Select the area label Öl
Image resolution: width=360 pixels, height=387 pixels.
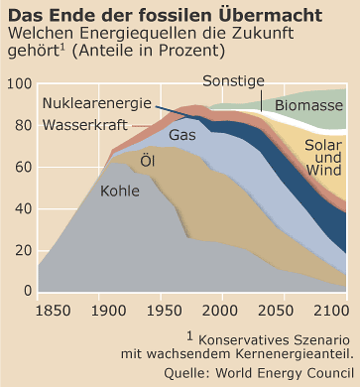[148, 160]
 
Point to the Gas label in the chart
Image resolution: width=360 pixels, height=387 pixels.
[182, 135]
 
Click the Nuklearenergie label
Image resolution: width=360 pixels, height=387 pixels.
[97, 103]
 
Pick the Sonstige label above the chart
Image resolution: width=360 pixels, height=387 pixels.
[233, 80]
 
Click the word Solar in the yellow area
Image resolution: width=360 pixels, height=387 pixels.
[322, 145]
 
